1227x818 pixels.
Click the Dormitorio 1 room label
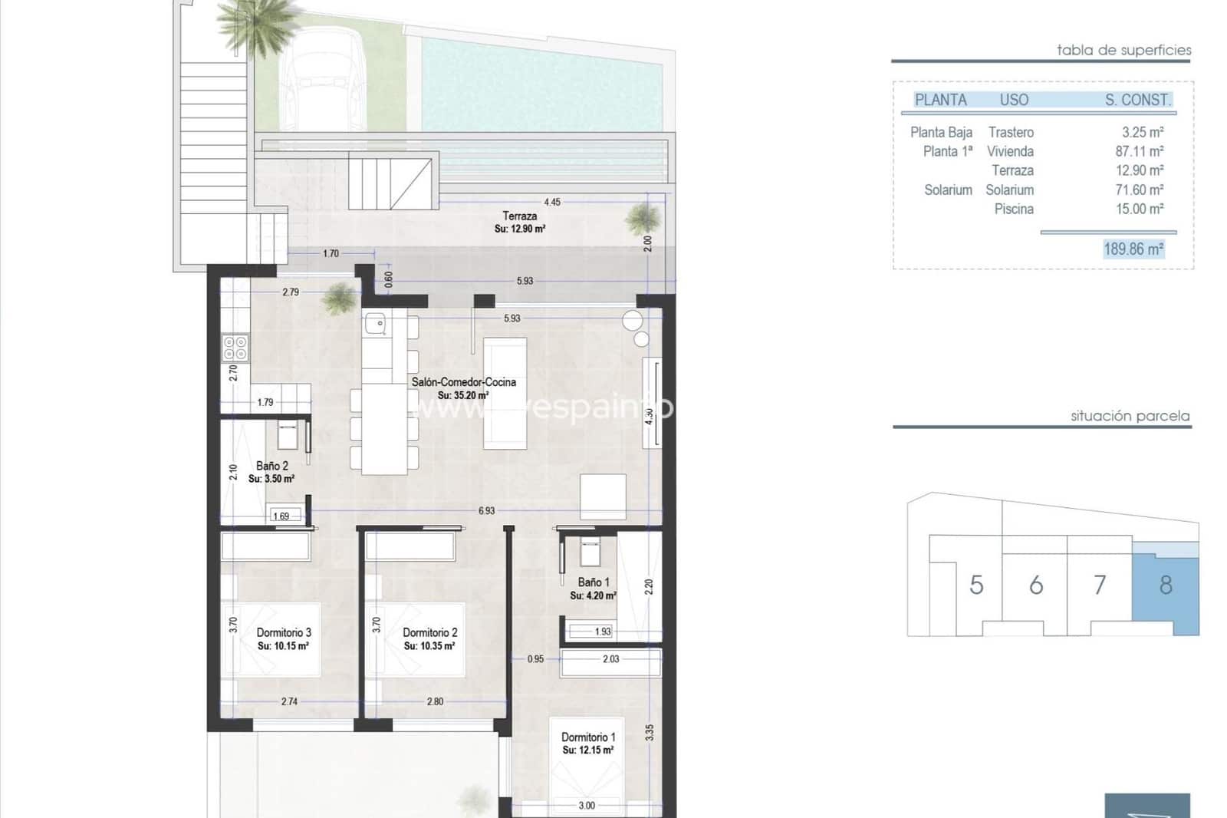[587, 737]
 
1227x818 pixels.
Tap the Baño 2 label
[271, 466]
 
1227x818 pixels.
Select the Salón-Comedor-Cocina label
[463, 381]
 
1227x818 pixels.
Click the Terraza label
[519, 216]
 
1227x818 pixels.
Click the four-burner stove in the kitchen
[235, 348]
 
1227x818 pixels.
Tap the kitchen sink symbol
[375, 324]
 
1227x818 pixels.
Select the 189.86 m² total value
[1133, 249]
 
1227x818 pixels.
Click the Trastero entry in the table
[1010, 132]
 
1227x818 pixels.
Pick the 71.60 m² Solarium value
[1139, 190]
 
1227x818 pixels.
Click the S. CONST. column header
[1137, 100]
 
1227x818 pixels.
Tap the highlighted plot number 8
[1165, 585]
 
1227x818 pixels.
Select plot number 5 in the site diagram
[975, 585]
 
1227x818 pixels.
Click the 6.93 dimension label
[486, 510]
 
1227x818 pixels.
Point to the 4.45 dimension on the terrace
[551, 202]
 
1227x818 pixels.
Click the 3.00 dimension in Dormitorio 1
[586, 805]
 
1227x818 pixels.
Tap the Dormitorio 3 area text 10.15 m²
[283, 646]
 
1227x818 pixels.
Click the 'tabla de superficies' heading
[1123, 50]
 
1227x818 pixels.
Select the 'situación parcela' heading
[1130, 416]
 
